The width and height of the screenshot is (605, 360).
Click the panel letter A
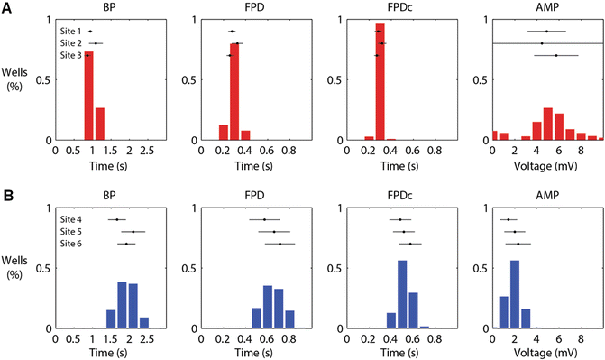click(6, 6)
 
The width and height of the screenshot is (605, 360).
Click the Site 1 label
click(70, 32)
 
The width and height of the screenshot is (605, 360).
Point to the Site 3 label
click(70, 56)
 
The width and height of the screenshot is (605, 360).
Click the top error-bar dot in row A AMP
click(546, 32)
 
